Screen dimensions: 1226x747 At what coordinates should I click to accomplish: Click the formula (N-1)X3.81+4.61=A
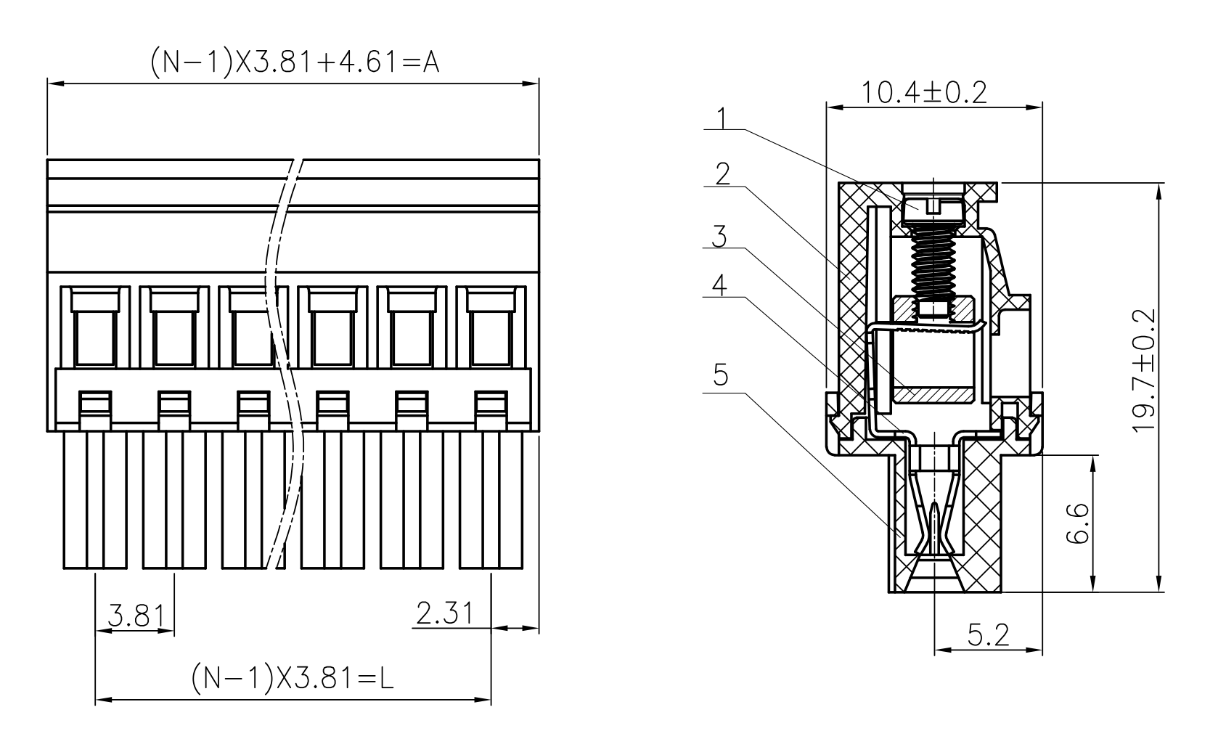pos(295,61)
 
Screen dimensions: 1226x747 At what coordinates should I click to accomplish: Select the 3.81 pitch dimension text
pos(136,615)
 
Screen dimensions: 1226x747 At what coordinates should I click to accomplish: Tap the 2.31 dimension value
pos(444,613)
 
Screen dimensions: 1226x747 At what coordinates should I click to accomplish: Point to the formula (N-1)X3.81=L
pos(293,678)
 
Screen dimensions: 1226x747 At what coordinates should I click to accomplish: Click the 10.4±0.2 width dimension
pos(925,92)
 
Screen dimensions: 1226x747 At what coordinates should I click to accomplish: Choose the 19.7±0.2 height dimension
pos(1145,371)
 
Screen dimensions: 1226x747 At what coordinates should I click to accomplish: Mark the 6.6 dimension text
pos(1078,523)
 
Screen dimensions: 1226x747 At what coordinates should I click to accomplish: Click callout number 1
pos(722,118)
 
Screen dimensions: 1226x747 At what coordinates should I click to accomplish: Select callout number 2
pos(722,174)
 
